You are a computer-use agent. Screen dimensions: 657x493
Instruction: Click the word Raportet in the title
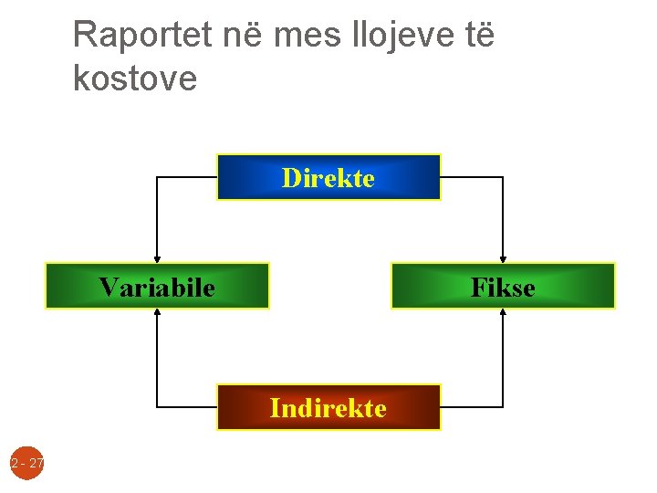pos(142,36)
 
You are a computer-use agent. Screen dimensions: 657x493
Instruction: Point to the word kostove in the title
pos(134,79)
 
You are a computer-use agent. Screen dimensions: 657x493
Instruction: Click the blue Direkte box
pos(328,177)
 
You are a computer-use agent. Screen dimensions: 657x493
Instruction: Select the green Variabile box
pos(157,287)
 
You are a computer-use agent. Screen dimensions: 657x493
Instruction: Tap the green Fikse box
pos(503,287)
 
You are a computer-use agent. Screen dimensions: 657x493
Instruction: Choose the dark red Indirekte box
pos(328,407)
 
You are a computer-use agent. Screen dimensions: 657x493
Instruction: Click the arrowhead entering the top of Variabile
pos(157,258)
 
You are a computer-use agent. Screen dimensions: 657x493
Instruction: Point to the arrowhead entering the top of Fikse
pos(503,258)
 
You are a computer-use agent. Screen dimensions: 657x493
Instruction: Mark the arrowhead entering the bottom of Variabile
pos(157,314)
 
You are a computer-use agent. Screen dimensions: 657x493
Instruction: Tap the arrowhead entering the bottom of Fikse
pos(503,314)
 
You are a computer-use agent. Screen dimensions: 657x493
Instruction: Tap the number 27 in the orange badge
pos(36,464)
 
